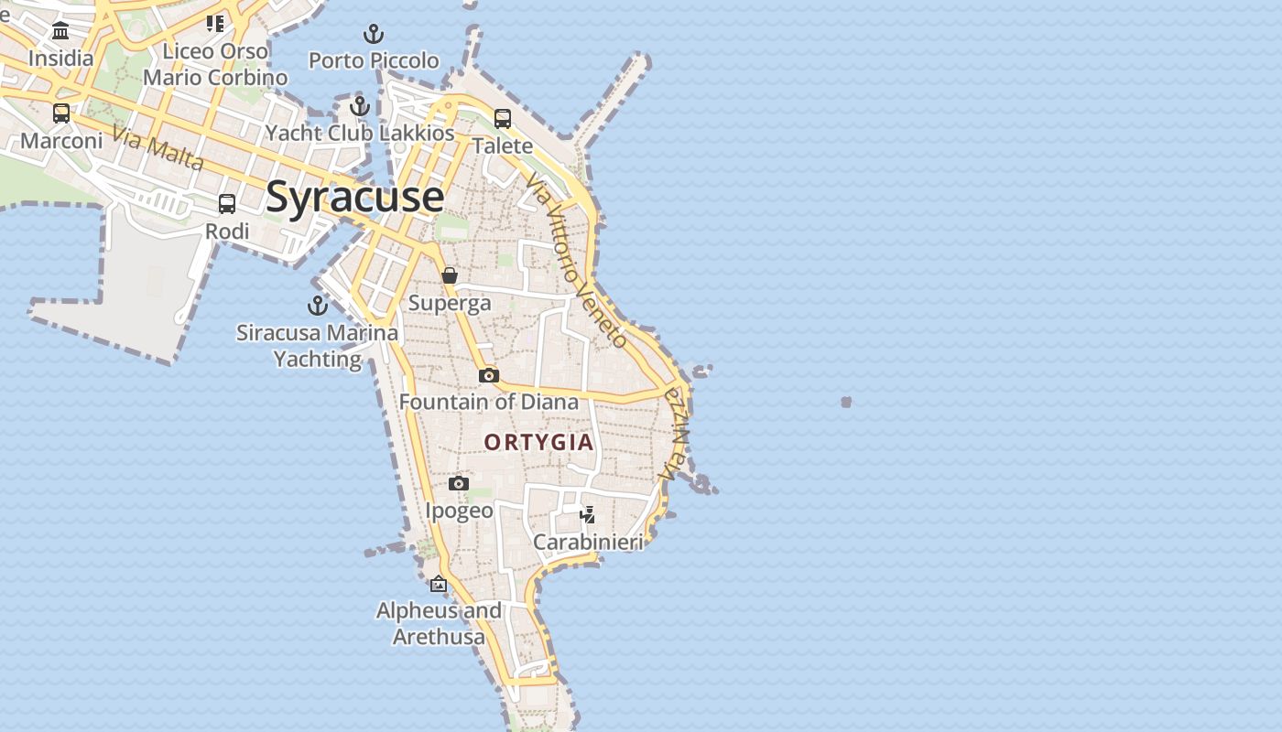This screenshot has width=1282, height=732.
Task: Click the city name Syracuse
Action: [x=355, y=198]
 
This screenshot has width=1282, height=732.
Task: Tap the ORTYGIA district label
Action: [x=538, y=443]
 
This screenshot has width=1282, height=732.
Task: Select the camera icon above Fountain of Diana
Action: [x=488, y=375]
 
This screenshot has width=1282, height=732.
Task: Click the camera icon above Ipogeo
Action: [x=459, y=483]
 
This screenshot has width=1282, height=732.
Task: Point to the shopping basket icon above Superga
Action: [x=450, y=275]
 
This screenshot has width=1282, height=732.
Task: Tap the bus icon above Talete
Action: [x=503, y=118]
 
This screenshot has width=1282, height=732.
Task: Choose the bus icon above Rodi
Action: [x=227, y=204]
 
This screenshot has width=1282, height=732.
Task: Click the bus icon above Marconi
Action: [x=61, y=113]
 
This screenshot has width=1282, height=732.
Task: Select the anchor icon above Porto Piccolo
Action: [x=374, y=35]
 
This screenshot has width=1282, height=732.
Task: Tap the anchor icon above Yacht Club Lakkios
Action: [x=360, y=106]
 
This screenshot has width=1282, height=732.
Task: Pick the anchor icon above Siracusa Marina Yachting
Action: [x=318, y=306]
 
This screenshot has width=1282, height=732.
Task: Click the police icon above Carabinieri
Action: [x=588, y=515]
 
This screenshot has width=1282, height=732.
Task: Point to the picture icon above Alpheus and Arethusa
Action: [x=439, y=584]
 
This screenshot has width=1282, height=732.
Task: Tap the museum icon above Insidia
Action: [x=61, y=31]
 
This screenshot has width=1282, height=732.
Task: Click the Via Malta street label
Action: [x=158, y=147]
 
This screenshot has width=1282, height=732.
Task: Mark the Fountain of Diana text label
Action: [x=489, y=402]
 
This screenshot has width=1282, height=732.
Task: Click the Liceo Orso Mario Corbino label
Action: [x=216, y=64]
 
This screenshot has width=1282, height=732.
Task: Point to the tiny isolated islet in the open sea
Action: [x=846, y=402]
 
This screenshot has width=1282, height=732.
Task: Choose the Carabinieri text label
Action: [x=588, y=543]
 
